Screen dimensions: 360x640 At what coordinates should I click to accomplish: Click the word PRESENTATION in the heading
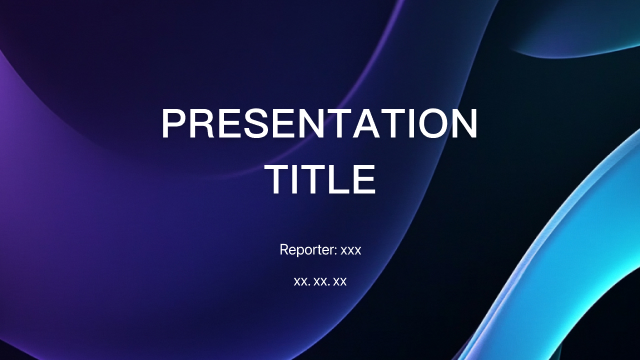coord(320,125)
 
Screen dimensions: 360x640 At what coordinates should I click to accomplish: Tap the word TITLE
coord(320,179)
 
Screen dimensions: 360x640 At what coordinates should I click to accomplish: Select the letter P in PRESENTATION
coord(175,125)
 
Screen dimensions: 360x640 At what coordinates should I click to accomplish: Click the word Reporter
coord(308,248)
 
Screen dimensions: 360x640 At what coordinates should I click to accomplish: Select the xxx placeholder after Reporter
coord(351,249)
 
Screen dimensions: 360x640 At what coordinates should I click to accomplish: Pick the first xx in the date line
coord(301,282)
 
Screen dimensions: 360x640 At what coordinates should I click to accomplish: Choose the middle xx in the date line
coord(320,282)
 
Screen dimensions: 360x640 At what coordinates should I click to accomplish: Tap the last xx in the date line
coord(340,282)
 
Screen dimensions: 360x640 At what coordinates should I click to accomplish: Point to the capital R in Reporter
coord(285,248)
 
